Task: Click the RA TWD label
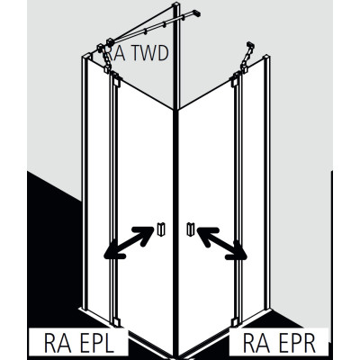(138, 54)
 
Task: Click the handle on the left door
(161, 229)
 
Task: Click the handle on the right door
(191, 229)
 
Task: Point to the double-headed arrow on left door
(129, 242)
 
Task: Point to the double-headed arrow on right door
(222, 243)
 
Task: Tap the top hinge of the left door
(116, 79)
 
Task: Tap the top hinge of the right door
(235, 79)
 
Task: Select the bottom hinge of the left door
(116, 322)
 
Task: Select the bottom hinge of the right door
(235, 321)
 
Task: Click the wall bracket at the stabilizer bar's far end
(196, 13)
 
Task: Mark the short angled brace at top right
(247, 57)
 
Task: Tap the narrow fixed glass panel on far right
(253, 186)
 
